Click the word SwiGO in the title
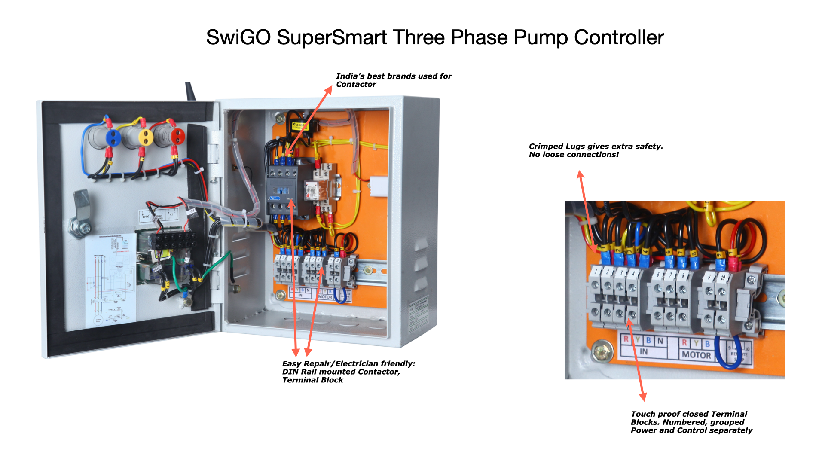tap(238, 37)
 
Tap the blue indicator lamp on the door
tap(113, 137)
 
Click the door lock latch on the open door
tap(81, 215)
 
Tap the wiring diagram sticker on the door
tap(110, 279)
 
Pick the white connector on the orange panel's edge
tap(379, 186)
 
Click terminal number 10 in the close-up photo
tap(723, 278)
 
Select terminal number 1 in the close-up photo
tap(596, 272)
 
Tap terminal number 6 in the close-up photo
tap(658, 274)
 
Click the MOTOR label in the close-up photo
tap(696, 355)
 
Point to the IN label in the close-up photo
tap(643, 351)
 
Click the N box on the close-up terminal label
tap(660, 341)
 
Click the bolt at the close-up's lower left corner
tap(602, 351)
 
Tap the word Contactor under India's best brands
tap(356, 85)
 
